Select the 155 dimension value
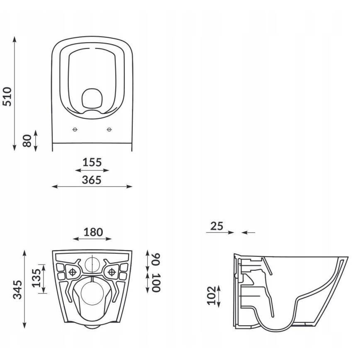[92, 162]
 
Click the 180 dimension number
[92, 232]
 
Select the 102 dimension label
[212, 295]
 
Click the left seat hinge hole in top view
[75, 130]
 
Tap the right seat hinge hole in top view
[109, 130]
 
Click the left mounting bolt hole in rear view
[73, 272]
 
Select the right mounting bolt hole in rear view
[111, 272]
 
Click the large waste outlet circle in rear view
[92, 294]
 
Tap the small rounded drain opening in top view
[92, 98]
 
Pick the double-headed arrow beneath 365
[92, 187]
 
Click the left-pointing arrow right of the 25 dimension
[248, 233]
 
